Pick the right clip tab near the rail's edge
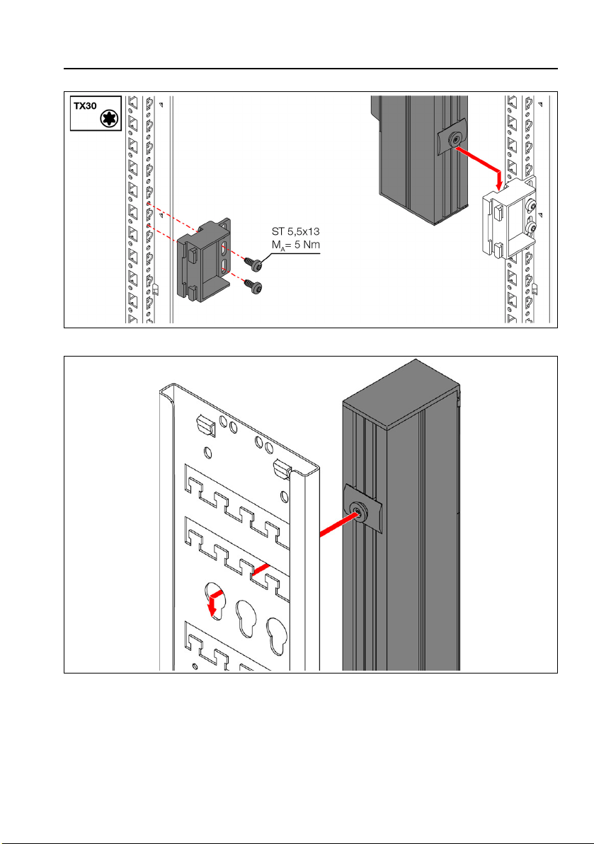pyautogui.click(x=281, y=468)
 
